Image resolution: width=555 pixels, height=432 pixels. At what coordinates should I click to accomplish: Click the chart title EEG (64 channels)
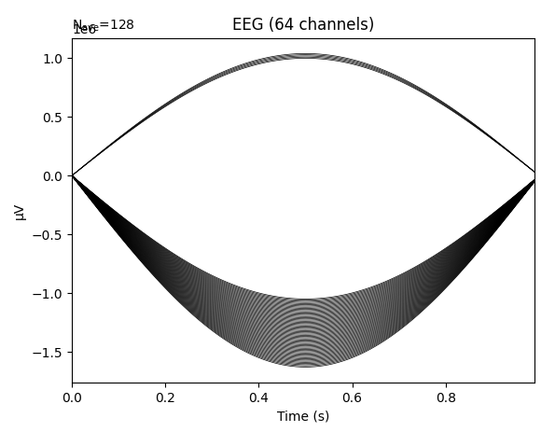(x=303, y=25)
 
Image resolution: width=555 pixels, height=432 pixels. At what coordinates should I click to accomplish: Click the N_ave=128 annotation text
(x=104, y=24)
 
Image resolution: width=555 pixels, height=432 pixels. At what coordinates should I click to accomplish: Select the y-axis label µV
(x=21, y=212)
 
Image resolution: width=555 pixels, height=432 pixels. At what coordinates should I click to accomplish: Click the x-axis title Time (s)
(x=303, y=416)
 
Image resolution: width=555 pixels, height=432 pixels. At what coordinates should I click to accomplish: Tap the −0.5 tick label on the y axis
(x=51, y=235)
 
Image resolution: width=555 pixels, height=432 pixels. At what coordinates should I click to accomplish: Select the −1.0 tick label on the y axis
(x=51, y=294)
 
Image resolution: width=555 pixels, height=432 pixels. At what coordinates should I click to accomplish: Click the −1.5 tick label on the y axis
(x=51, y=353)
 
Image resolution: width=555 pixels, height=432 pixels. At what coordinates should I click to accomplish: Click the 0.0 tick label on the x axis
(x=72, y=397)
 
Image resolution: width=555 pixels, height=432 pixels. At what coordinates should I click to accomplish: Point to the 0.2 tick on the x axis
(x=165, y=397)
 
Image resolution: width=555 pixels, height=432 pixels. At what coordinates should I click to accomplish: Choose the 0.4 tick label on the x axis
(x=258, y=397)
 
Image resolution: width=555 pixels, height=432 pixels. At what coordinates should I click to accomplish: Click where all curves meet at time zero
(x=73, y=175)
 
